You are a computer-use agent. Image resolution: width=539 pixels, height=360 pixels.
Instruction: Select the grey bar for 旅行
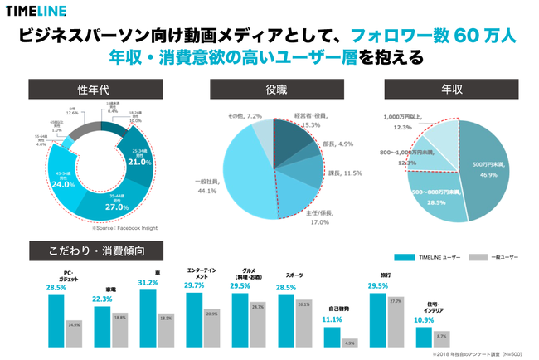[395, 323]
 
